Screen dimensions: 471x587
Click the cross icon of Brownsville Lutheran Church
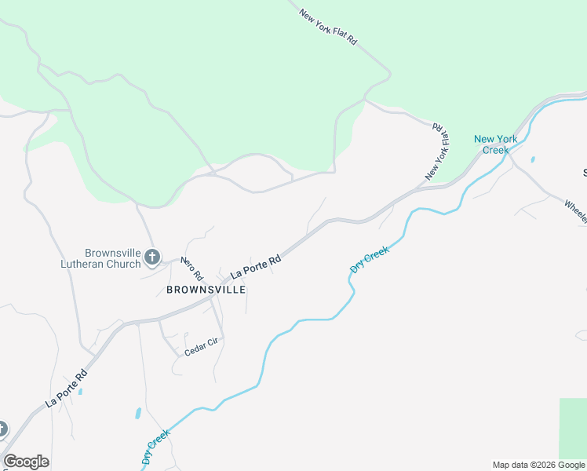coord(152,256)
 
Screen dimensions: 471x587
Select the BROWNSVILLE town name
coord(206,290)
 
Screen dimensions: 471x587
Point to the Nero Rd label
coord(192,269)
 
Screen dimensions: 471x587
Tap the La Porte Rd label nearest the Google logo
coord(66,389)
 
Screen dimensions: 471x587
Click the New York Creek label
coord(496,144)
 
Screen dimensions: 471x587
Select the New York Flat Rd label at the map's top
coord(328,26)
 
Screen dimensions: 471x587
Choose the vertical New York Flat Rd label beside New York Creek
coord(437,152)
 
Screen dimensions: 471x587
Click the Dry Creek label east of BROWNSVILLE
coord(370,259)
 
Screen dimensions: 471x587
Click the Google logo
coord(26,462)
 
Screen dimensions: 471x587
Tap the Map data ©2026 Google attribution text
coord(539,465)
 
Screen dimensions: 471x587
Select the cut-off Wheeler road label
coord(575,211)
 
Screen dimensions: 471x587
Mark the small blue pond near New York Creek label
coord(533,159)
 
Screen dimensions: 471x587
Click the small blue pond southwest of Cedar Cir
coord(138,413)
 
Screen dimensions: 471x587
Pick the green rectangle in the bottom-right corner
coord(572,428)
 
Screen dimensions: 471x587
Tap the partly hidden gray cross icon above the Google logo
coord(2,429)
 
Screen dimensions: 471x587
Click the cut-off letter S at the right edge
coord(584,172)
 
